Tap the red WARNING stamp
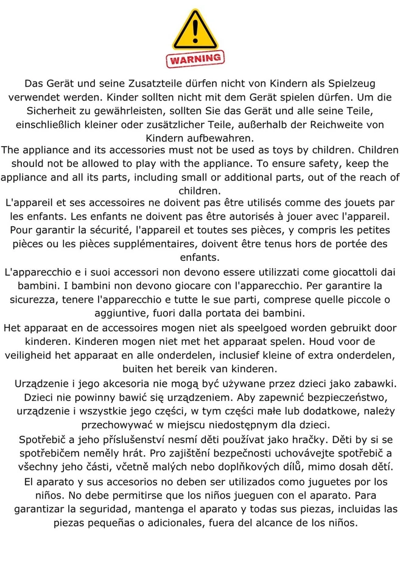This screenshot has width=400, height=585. [x=195, y=59]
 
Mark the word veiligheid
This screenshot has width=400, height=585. [x=35, y=355]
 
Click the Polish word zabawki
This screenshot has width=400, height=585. [x=365, y=384]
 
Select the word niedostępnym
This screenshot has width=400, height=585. [x=224, y=424]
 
